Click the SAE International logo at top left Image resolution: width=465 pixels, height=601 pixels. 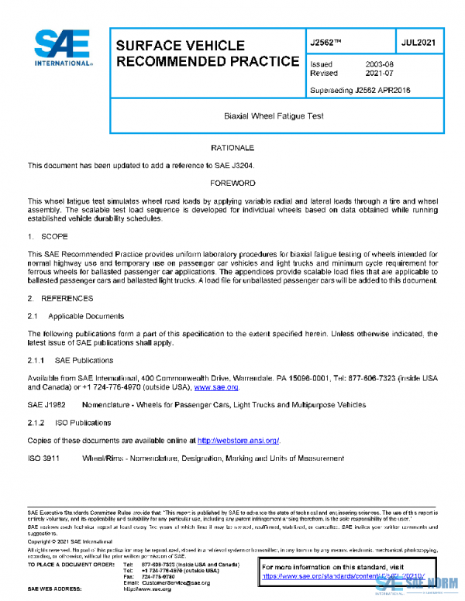[63, 49]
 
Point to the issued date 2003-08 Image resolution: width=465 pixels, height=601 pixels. [380, 64]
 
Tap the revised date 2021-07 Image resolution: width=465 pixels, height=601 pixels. [380, 74]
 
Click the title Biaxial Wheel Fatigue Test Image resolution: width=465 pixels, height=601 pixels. [268, 116]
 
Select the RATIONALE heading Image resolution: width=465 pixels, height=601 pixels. [232, 146]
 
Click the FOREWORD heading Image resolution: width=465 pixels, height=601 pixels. [232, 183]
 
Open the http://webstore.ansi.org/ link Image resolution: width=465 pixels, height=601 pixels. [238, 440]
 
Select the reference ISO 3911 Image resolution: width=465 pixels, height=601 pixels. [45, 458]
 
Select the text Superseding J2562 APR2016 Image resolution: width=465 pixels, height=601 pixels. [360, 90]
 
